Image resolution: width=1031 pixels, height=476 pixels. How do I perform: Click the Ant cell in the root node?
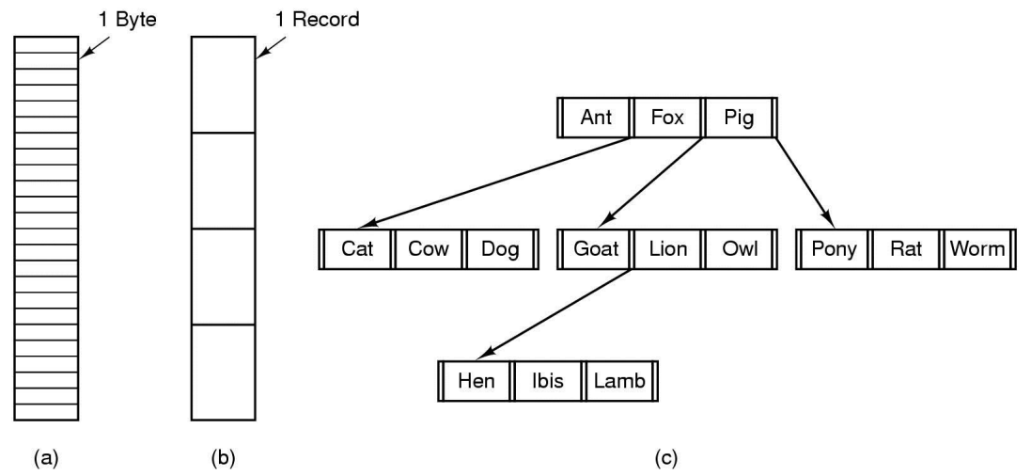(x=597, y=118)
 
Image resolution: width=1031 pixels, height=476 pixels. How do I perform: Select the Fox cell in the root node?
(x=667, y=118)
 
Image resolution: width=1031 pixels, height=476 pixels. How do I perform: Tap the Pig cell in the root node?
(x=739, y=118)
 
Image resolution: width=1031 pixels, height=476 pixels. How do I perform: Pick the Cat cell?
(x=358, y=249)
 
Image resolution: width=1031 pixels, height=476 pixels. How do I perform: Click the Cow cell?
(x=429, y=249)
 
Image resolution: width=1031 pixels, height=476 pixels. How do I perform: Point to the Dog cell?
(x=500, y=249)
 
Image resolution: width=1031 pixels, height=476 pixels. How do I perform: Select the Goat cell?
(x=597, y=249)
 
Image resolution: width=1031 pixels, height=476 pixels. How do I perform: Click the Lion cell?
(x=667, y=249)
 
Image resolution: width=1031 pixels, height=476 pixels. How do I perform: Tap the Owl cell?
(x=739, y=249)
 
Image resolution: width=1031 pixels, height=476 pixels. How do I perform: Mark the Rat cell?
(x=906, y=249)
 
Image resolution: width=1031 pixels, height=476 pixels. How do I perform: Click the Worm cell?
(x=977, y=249)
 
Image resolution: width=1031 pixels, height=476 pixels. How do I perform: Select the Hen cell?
(x=476, y=381)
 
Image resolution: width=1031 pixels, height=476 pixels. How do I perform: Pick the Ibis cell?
(x=548, y=381)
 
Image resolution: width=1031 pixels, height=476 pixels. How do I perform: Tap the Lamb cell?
(x=618, y=381)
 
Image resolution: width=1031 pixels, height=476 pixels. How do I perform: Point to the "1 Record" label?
(x=317, y=20)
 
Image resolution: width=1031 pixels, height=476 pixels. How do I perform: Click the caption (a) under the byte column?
(x=45, y=457)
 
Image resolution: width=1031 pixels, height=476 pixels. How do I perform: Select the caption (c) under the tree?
(x=666, y=457)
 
